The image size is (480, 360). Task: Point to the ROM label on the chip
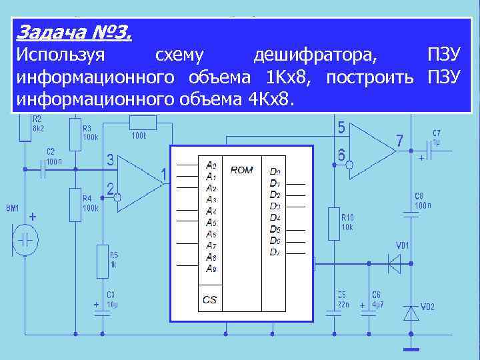[x=241, y=170]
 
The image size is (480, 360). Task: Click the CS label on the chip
[x=209, y=300]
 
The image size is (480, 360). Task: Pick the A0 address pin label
[x=211, y=165]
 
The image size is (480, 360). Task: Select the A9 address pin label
[x=211, y=269]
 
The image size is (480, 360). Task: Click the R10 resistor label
[x=347, y=217]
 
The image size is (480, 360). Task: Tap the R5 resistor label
[x=113, y=255]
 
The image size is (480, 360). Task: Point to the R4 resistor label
[x=90, y=199]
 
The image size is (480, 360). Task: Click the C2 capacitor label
[x=51, y=151]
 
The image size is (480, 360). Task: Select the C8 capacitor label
[x=419, y=196]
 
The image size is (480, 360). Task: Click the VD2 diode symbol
[x=412, y=312]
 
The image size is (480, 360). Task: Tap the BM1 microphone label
[x=13, y=209]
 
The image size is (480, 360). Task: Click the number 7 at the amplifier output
[x=399, y=142]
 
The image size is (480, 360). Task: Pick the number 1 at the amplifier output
[x=163, y=175]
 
